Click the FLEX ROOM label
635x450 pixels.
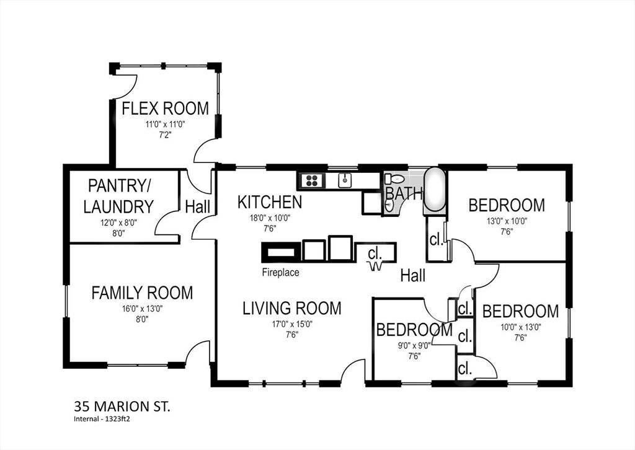click(165, 108)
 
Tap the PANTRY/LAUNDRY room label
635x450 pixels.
click(118, 196)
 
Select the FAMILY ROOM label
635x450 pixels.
click(142, 293)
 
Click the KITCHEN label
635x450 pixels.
click(270, 202)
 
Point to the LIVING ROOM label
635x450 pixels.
click(291, 308)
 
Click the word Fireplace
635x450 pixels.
click(280, 272)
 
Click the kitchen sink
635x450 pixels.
click(343, 180)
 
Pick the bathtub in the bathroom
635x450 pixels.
click(435, 190)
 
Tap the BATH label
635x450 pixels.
click(404, 194)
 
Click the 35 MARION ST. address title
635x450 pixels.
click(122, 407)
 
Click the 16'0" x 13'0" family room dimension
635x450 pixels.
click(142, 308)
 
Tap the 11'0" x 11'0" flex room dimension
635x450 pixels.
click(164, 124)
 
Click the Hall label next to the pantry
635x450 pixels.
click(198, 207)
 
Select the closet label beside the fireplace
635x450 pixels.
click(375, 254)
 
